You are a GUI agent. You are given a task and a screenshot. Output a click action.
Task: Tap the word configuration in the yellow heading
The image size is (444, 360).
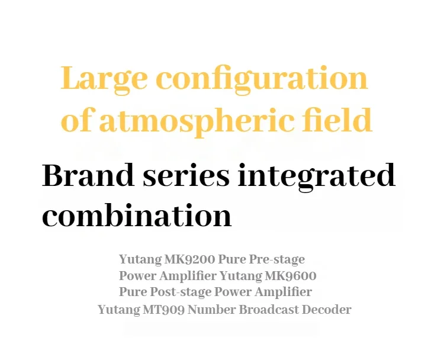click(x=262, y=79)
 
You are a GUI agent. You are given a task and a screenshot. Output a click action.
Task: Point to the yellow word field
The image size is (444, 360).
click(x=337, y=119)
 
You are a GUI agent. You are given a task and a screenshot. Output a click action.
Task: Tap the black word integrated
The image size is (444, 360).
click(x=316, y=177)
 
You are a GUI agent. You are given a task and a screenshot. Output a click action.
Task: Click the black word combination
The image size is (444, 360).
click(x=137, y=215)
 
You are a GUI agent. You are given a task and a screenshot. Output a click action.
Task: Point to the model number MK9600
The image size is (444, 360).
click(x=291, y=275)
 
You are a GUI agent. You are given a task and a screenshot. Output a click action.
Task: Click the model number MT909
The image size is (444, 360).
click(x=163, y=309)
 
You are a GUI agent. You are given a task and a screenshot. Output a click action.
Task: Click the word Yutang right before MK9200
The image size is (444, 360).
click(x=140, y=260)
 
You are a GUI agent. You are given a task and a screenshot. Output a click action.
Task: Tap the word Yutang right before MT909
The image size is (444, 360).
click(x=119, y=310)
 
